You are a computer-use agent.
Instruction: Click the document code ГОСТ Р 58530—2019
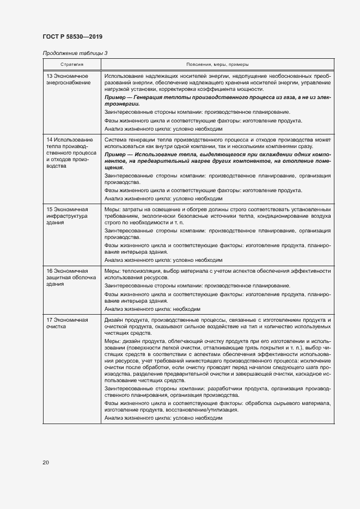coord(72,36)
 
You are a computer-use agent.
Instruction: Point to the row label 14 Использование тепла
coord(70,152)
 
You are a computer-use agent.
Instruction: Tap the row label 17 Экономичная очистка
coord(67,323)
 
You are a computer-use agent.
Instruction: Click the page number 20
coord(46,462)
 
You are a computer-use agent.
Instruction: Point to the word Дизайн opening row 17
coord(114,319)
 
